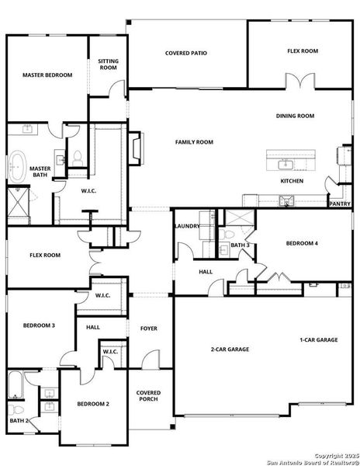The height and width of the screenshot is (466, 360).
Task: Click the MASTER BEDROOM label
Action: [47, 75]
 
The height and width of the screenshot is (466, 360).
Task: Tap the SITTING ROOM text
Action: [109, 64]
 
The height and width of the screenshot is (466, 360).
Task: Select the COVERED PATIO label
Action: [186, 54]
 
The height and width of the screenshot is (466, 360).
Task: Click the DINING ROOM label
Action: [295, 116]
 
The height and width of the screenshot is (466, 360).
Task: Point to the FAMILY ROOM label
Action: [193, 142]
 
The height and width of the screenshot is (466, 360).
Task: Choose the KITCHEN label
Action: [292, 181]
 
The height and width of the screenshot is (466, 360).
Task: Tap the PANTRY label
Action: [340, 204]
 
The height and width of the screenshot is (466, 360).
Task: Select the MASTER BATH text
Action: [40, 172]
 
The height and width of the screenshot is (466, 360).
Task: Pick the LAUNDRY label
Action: [188, 226]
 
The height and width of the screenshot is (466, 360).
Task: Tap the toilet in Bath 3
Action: [222, 232]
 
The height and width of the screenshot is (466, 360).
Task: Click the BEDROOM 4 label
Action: [301, 244]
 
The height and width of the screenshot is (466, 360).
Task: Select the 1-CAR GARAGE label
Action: [319, 340]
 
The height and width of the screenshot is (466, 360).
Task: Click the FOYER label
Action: [148, 329]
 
